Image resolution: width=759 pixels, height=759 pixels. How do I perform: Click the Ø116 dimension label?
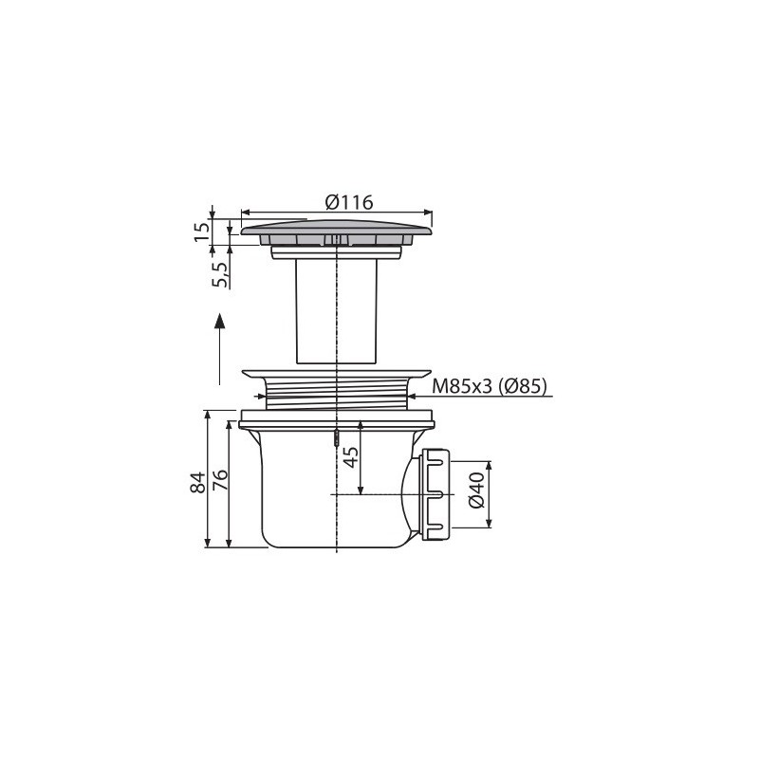tap(349, 202)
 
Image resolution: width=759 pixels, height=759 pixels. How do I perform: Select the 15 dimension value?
tap(203, 231)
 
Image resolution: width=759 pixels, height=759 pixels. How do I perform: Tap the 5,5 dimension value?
tap(219, 274)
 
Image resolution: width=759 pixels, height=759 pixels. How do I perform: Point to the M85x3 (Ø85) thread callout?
tap(490, 386)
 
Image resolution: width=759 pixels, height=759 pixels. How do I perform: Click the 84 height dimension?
tap(198, 482)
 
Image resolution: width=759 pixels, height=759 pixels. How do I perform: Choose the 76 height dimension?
tap(220, 480)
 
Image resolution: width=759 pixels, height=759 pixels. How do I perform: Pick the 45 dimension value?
tap(350, 457)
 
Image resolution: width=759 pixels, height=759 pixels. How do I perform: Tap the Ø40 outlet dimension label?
tap(476, 490)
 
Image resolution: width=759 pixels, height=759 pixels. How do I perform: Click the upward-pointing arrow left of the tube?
tap(220, 349)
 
